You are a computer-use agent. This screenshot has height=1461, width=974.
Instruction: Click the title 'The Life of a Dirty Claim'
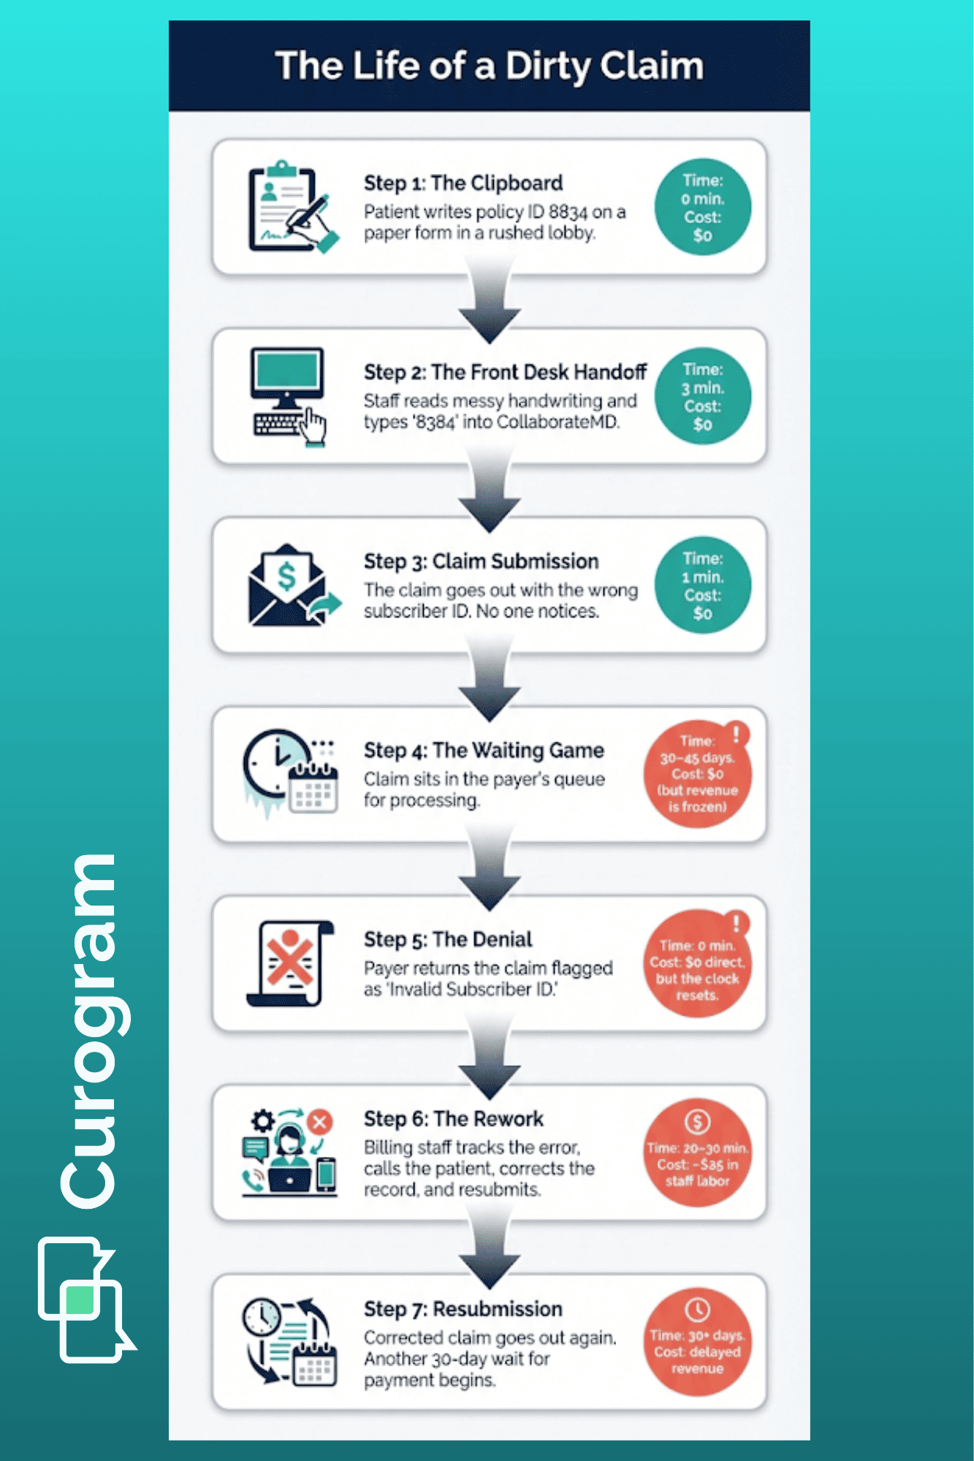point(489,66)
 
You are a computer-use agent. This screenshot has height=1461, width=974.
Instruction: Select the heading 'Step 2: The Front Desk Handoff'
point(505,372)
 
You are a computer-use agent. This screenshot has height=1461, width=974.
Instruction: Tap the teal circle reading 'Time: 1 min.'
point(702,585)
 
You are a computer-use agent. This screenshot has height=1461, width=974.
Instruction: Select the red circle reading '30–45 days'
point(697,775)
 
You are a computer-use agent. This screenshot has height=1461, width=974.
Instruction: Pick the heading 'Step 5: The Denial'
point(448,939)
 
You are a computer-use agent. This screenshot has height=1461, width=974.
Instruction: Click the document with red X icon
point(290,963)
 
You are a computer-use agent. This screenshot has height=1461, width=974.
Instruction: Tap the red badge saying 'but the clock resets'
point(697,964)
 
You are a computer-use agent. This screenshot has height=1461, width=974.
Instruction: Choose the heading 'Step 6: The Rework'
point(454,1119)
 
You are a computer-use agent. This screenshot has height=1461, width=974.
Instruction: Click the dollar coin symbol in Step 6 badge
point(697,1122)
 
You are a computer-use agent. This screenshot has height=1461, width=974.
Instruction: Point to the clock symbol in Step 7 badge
point(697,1310)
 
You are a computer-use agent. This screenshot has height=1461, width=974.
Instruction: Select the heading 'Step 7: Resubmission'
point(463,1309)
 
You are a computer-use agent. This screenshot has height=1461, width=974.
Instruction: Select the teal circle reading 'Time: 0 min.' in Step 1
point(702,208)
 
